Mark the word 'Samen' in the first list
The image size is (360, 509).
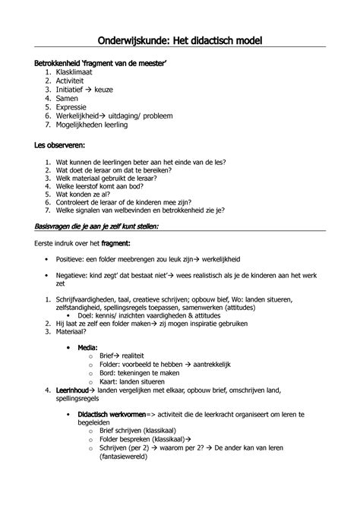tap(68, 98)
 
